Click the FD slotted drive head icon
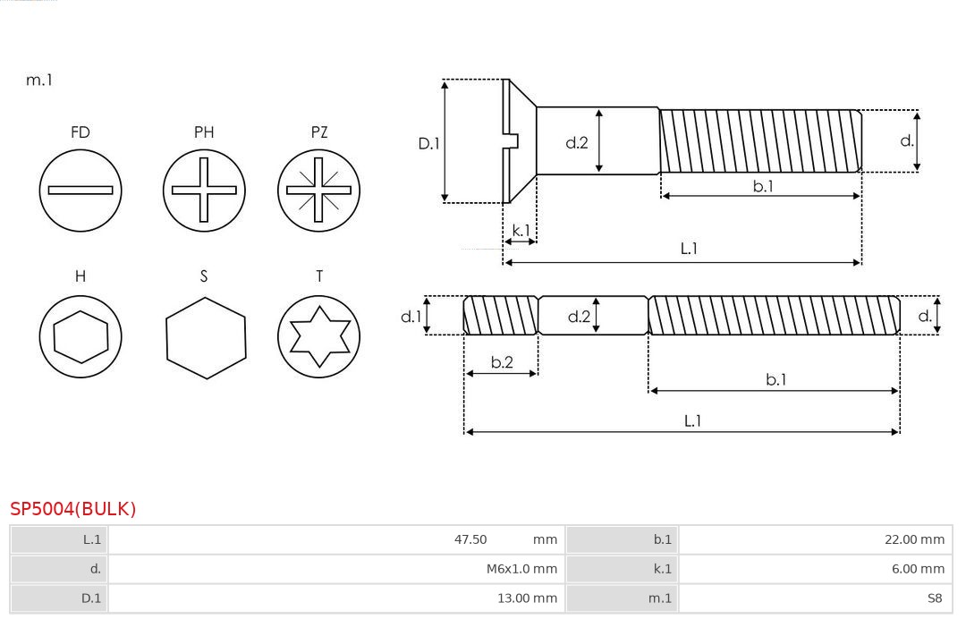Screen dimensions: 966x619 pos(80,191)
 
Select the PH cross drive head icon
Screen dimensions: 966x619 pos(204,191)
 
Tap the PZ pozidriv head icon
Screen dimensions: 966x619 pos(318,191)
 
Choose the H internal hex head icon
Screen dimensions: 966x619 pos(80,336)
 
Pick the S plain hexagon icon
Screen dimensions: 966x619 pos(206,338)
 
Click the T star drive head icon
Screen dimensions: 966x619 pos(318,336)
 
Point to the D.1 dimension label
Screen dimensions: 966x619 pos(428,143)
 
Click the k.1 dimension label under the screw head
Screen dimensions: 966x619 pos(521,231)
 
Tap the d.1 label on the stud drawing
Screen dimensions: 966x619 pos(411,317)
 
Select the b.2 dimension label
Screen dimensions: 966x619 pos(502,362)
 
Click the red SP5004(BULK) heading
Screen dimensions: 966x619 pos(72,509)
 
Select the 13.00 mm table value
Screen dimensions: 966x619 pos(528,598)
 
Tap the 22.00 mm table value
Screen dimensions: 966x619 pos(914,539)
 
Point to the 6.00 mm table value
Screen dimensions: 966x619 pos(918,569)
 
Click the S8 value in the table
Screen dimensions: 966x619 pos(935,598)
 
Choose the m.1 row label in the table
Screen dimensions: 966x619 pos(660,598)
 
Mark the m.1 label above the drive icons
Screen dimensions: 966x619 pos(38,81)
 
